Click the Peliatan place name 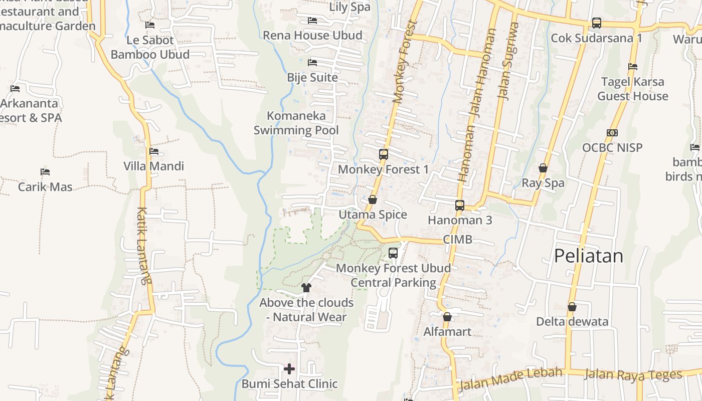coord(588,256)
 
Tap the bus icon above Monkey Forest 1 coord(384,154)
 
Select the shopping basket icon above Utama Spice coord(373,200)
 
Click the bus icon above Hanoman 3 coord(460,205)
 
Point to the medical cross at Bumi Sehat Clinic coord(289,369)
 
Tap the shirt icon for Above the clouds coord(306,288)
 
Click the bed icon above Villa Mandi coord(154,151)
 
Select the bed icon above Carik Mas coord(45,172)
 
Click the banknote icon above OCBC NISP coord(612,133)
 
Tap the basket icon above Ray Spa coord(543,168)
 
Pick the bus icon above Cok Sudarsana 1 coord(596,23)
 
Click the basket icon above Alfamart coord(447,317)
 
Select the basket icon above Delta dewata coord(572,307)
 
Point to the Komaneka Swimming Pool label coord(296,123)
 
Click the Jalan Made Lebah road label coord(510,378)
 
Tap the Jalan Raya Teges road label coord(633,374)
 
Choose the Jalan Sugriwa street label coord(507,61)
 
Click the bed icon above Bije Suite coord(312,63)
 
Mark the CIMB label coord(457,240)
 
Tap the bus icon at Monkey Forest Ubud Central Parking coord(393,253)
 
